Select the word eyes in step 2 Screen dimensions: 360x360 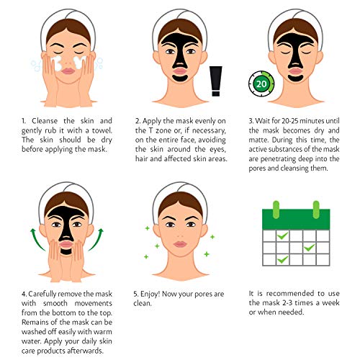(x=224, y=141)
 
